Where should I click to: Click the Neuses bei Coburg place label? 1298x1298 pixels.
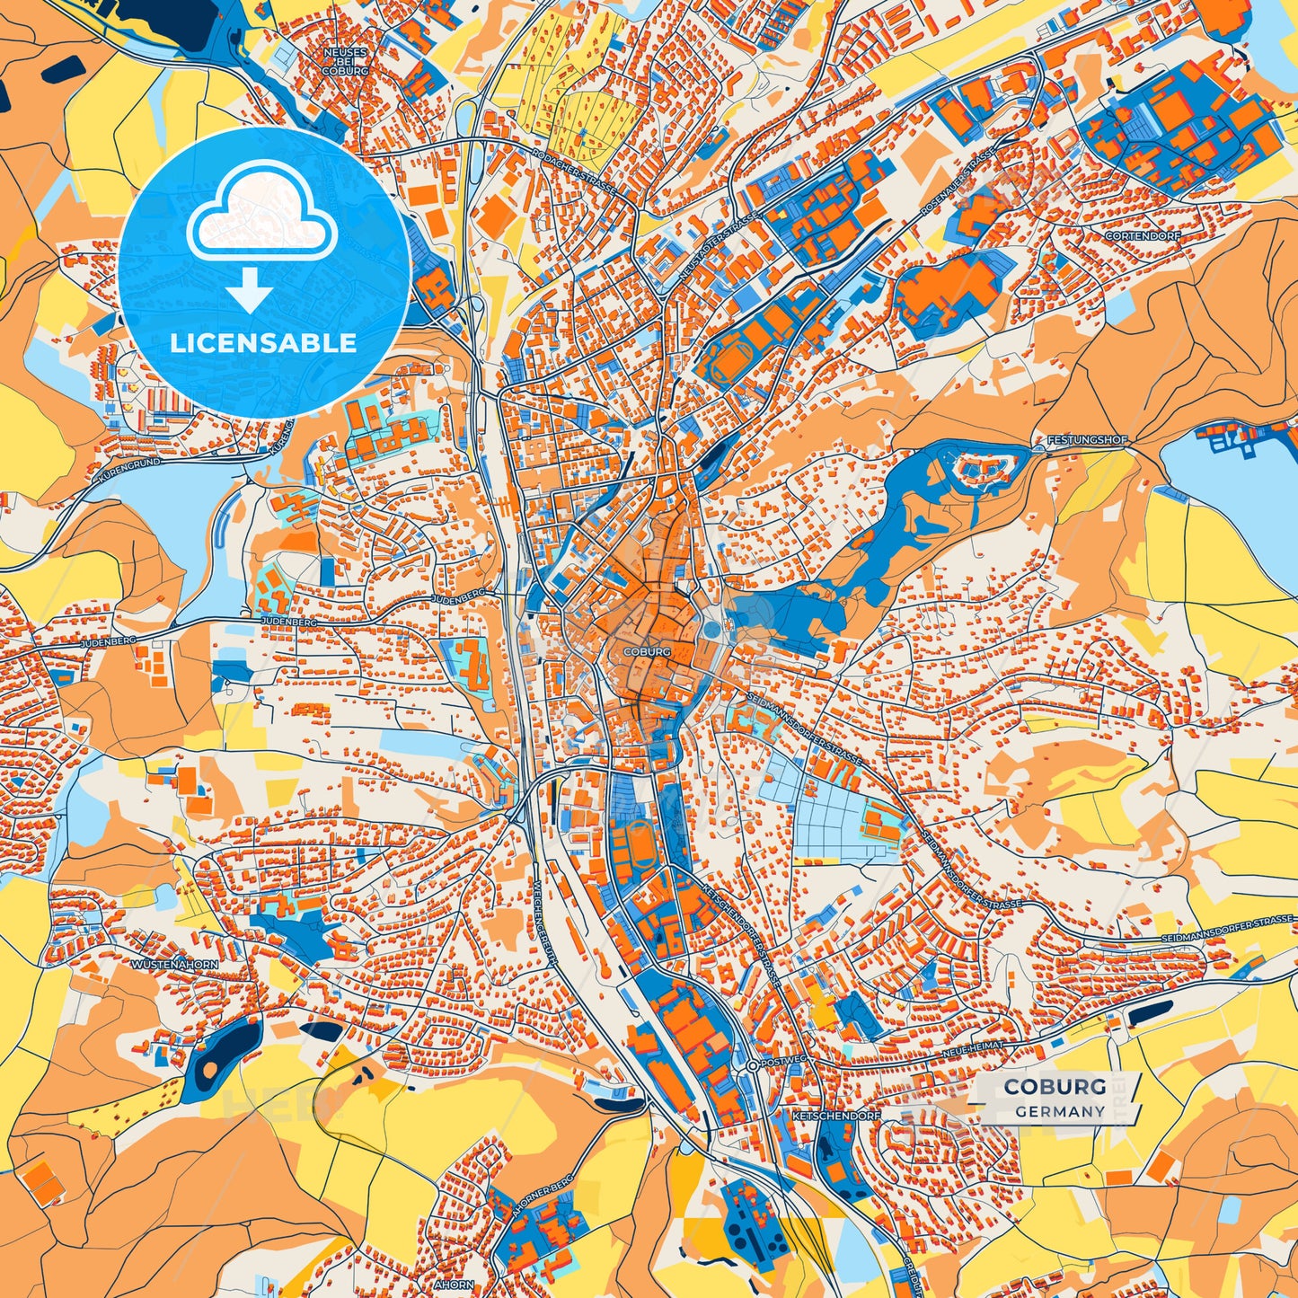point(345,61)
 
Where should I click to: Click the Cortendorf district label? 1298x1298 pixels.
point(1143,235)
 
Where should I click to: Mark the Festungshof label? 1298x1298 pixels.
point(1086,441)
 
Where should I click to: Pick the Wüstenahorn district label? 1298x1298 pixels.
point(174,964)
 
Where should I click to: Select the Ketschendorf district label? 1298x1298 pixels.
point(835,1115)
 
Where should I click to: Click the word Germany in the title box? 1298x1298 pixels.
point(1060,1111)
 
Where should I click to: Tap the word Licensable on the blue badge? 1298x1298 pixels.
point(263,342)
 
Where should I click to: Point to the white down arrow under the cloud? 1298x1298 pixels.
point(249,292)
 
